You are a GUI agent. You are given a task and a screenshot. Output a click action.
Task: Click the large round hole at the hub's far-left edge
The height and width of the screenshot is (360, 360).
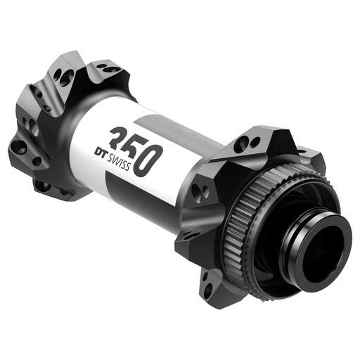(x=20, y=148)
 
